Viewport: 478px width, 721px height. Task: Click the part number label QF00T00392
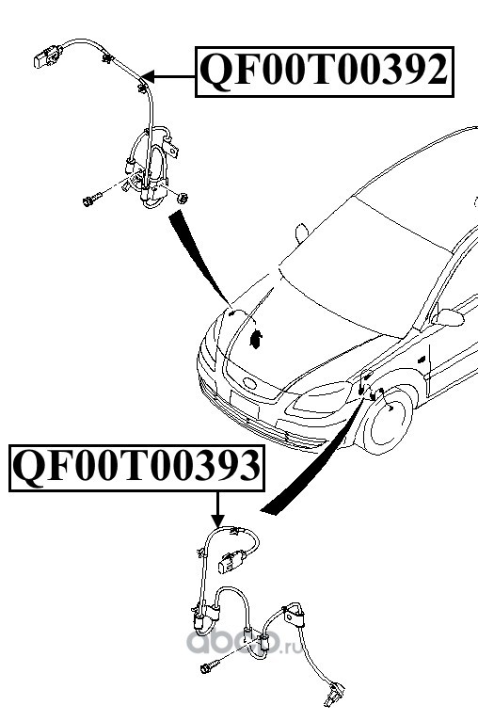[x=325, y=72]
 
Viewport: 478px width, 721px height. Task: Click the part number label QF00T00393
[x=136, y=468]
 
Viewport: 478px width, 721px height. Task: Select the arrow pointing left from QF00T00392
[x=169, y=76]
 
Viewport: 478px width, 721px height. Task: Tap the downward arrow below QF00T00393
[x=218, y=509]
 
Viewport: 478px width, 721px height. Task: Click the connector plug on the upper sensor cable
[x=47, y=56]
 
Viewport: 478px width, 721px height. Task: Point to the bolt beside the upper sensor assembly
[x=92, y=200]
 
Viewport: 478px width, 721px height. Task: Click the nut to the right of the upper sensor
[x=183, y=199]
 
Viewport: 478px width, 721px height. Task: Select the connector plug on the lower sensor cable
[x=232, y=561]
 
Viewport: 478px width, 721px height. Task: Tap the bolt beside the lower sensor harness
[x=209, y=666]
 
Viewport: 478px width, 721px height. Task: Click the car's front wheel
[x=385, y=421]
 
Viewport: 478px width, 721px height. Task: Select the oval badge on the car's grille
[x=250, y=382]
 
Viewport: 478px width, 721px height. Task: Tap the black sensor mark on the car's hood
[x=256, y=339]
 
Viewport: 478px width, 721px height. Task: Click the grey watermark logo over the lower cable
[x=244, y=641]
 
